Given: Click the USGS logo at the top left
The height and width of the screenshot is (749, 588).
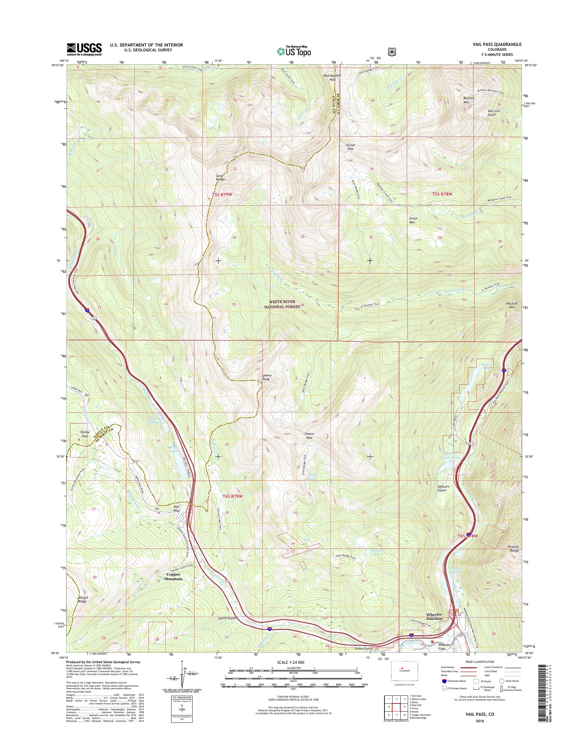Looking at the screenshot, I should (84, 49).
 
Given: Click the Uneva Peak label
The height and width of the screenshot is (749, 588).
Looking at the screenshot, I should (266, 377).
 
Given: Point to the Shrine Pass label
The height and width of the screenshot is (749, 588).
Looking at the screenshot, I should (85, 434).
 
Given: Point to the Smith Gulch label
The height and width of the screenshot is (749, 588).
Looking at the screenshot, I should (227, 618).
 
